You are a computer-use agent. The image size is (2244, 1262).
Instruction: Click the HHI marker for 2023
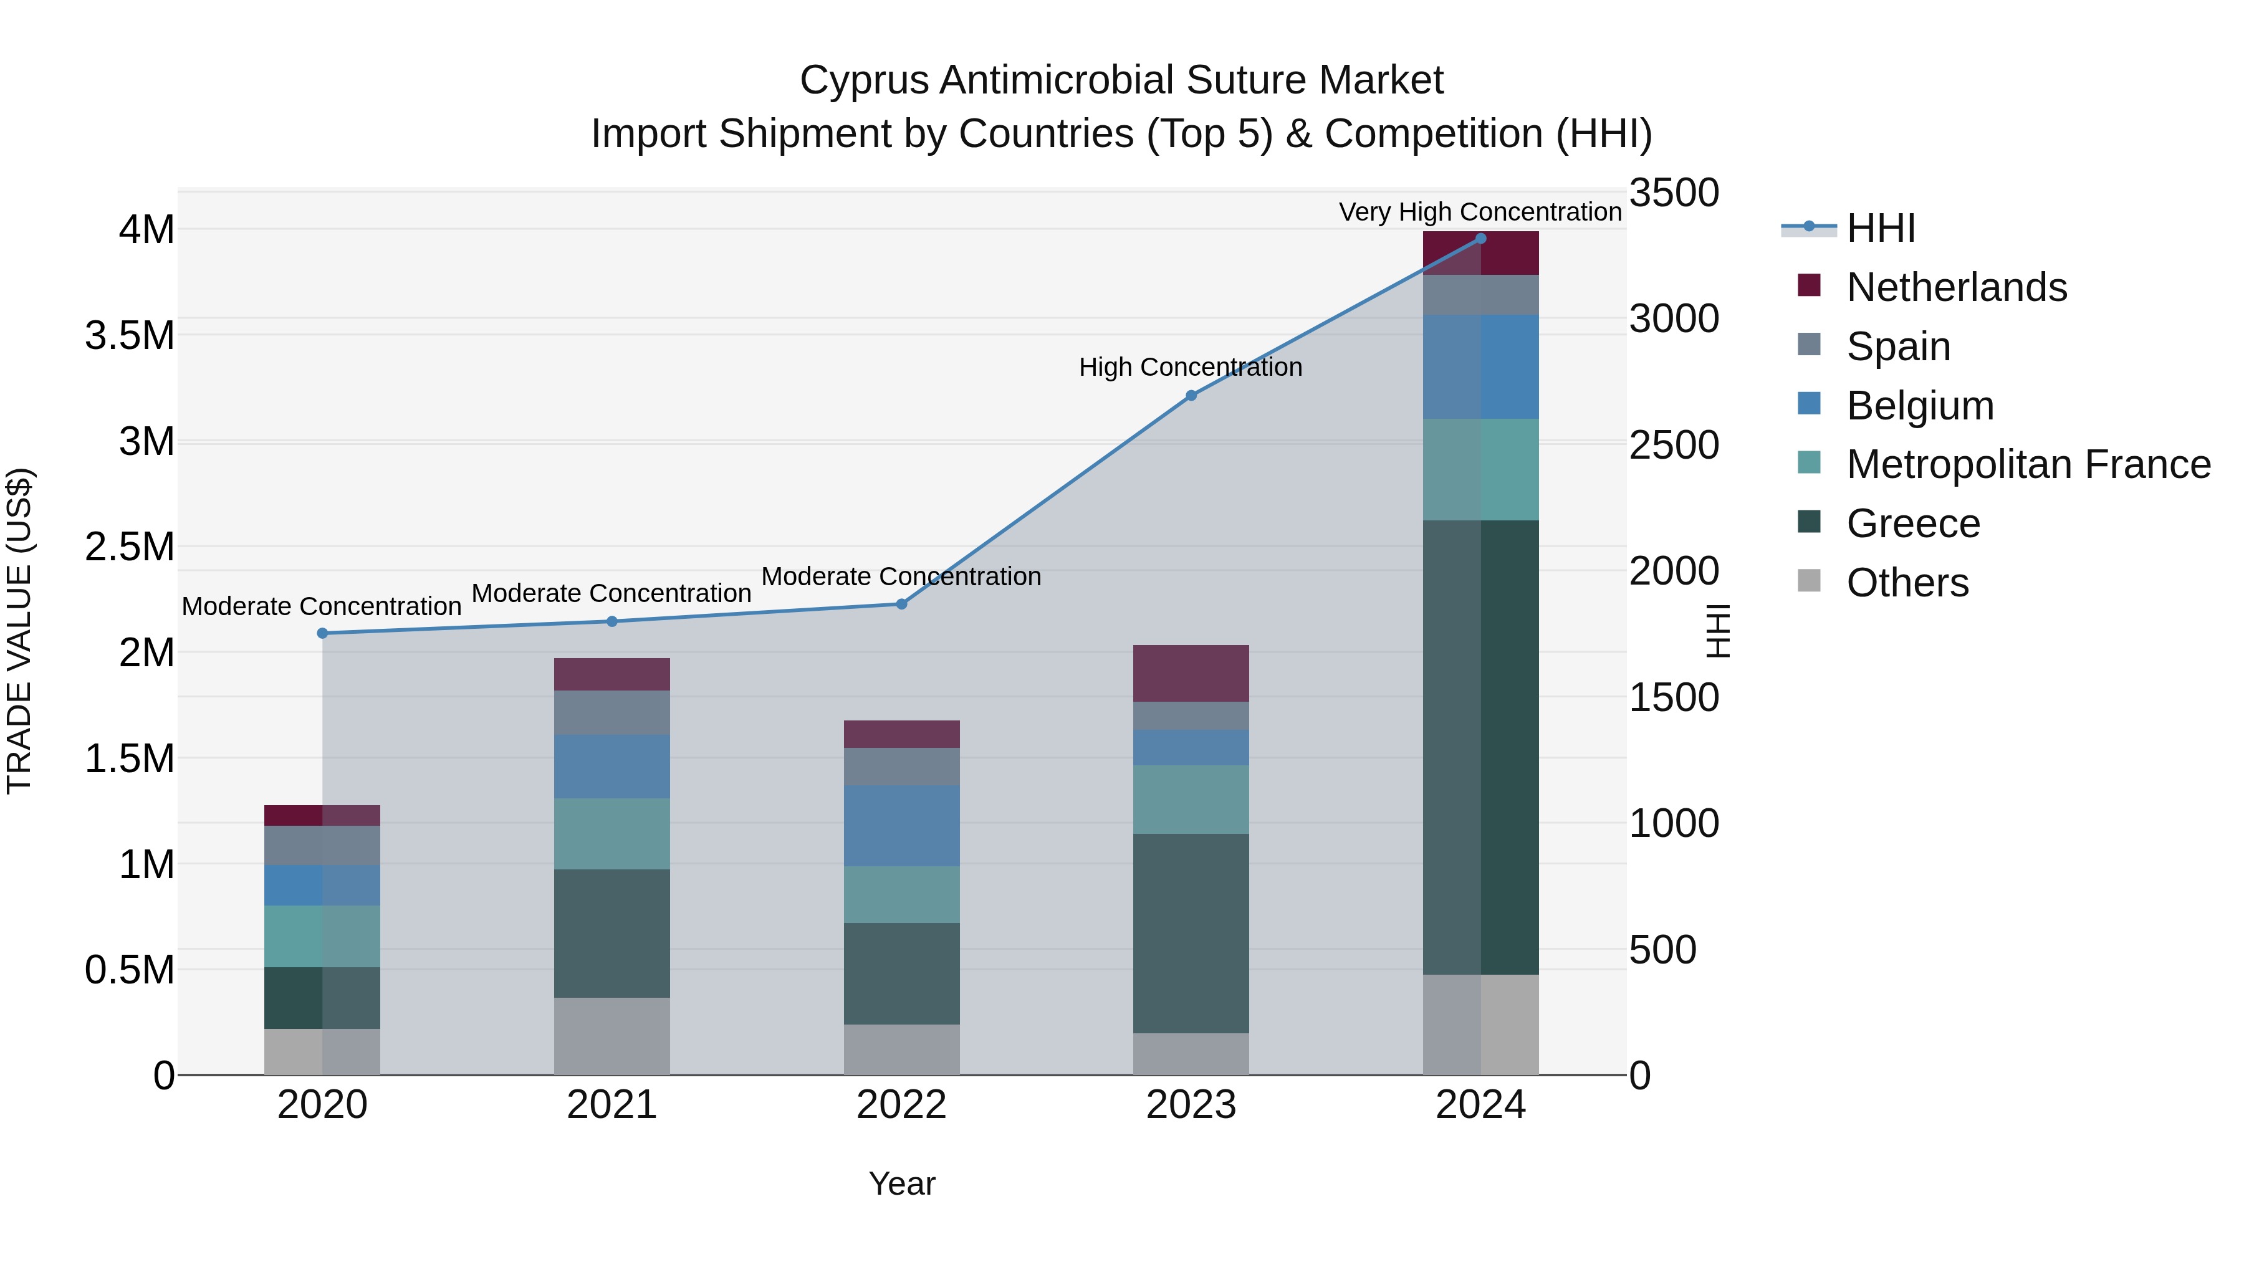click(x=1191, y=395)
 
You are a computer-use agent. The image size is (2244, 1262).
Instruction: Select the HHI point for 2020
click(x=322, y=633)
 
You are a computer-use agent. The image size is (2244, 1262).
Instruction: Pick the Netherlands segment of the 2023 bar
click(x=1191, y=673)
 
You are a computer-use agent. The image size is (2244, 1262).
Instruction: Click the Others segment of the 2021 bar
click(x=611, y=1036)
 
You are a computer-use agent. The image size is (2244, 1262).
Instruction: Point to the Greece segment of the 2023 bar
click(x=1191, y=933)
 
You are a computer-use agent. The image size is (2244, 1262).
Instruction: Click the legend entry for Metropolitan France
click(x=2027, y=464)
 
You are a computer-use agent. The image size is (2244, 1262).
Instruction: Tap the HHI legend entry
click(x=1880, y=228)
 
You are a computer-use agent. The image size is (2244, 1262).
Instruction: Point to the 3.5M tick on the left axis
click(x=130, y=336)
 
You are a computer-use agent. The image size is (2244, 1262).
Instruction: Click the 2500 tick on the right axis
click(x=1674, y=445)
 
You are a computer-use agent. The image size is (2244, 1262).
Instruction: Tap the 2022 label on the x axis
click(x=901, y=1105)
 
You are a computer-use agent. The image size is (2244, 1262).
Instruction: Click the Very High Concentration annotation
click(x=1479, y=212)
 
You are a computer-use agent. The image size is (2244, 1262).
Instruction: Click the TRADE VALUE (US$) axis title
click(x=19, y=631)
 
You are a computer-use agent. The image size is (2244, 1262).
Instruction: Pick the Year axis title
click(x=901, y=1183)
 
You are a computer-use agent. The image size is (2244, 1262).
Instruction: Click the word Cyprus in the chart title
click(x=863, y=80)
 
